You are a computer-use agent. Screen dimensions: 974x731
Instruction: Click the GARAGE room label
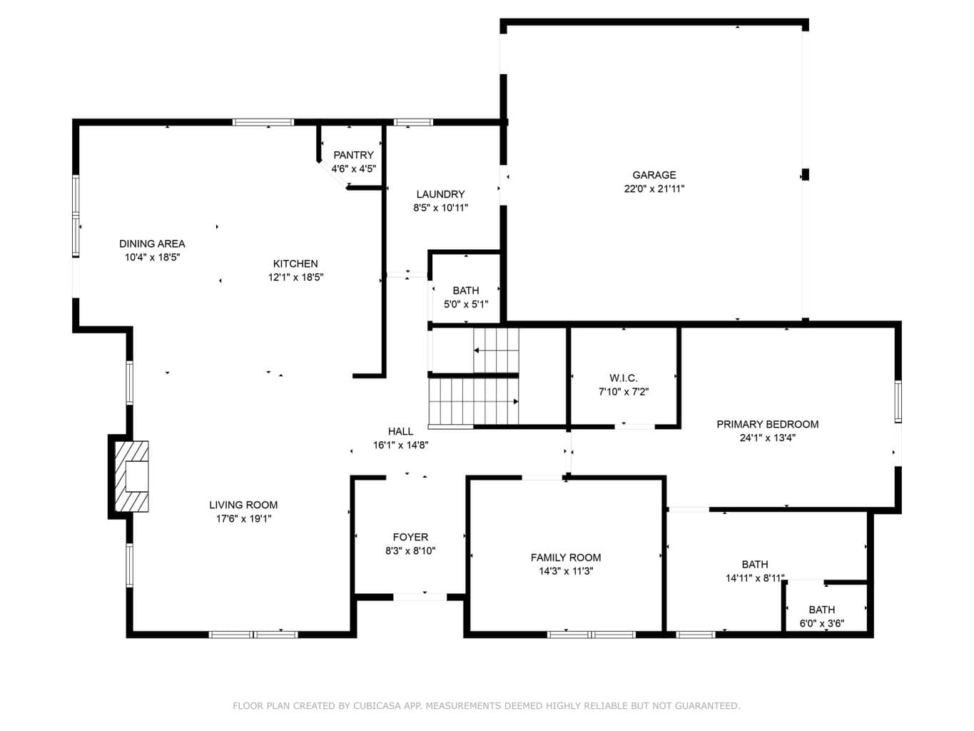click(654, 175)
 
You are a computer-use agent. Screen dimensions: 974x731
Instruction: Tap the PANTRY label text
click(353, 155)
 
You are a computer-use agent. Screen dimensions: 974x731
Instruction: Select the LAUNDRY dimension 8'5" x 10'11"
click(440, 208)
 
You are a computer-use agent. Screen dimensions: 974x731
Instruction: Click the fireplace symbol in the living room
click(131, 476)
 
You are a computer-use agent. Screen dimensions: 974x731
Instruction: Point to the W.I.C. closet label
click(623, 378)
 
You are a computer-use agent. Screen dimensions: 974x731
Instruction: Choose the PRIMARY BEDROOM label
click(767, 424)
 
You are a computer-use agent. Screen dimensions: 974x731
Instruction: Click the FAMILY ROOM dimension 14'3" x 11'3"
click(566, 571)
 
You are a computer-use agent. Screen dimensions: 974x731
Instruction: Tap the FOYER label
click(410, 537)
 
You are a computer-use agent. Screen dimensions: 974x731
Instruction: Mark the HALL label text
click(400, 431)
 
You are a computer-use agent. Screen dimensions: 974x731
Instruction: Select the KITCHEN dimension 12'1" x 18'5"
click(295, 278)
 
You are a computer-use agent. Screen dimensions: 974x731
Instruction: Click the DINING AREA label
click(152, 243)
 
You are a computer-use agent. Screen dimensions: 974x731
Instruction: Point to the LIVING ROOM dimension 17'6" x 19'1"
click(243, 518)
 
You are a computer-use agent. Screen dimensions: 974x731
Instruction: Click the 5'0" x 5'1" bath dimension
click(465, 304)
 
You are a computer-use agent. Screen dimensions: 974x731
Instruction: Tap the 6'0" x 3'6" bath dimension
click(821, 623)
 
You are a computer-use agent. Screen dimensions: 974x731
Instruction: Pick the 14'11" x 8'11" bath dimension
click(754, 578)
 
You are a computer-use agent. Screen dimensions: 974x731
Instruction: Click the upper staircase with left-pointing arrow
click(496, 351)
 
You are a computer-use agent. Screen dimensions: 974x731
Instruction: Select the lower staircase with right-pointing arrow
click(474, 401)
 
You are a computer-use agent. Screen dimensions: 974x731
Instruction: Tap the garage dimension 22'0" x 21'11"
click(654, 188)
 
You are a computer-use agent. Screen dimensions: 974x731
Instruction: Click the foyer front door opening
click(420, 597)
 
